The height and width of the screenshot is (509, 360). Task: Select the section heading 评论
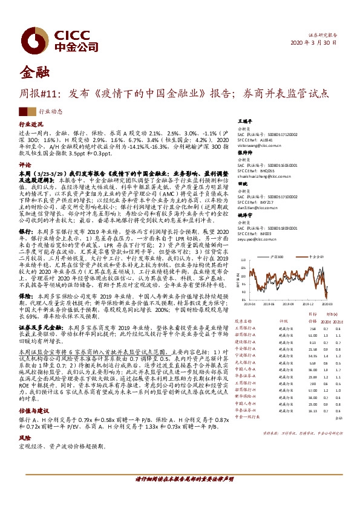click(x=24, y=164)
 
